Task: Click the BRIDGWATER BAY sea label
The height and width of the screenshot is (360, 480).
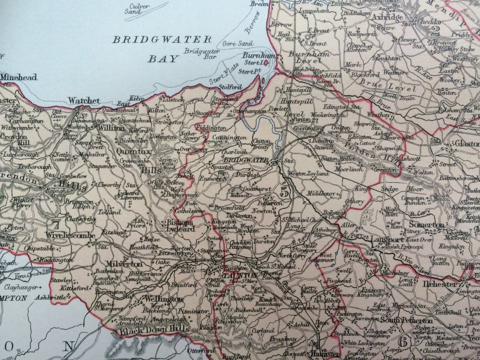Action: click(x=162, y=49)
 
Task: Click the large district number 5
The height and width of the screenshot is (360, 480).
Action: click(x=284, y=192)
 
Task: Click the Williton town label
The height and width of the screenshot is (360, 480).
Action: click(x=107, y=128)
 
